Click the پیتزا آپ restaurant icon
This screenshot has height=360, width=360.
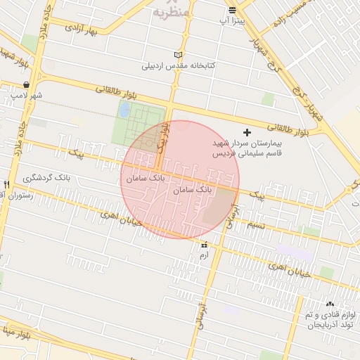click(x=232, y=10)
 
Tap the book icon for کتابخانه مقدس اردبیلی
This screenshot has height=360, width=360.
click(x=178, y=55)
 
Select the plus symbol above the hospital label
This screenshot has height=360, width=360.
click(x=246, y=132)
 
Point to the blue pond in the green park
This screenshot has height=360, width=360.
click(x=124, y=110)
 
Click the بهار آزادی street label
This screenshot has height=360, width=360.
click(x=79, y=30)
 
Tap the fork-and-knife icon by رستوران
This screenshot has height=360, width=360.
click(x=6, y=184)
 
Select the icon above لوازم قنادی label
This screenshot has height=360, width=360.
click(x=330, y=304)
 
